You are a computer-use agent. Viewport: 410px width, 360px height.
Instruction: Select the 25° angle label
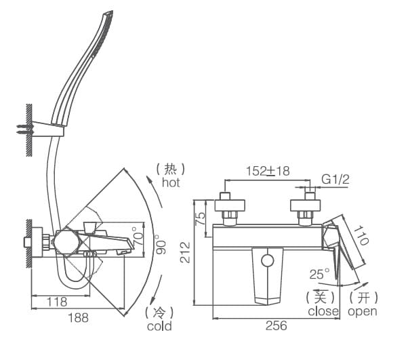pos(319,274)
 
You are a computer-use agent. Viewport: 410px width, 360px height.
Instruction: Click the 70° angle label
pos(138,235)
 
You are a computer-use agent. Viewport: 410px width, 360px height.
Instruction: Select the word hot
pos(171,183)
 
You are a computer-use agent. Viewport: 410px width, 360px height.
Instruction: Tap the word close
pos(323,311)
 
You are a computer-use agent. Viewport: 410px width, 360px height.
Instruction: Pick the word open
pos(363,311)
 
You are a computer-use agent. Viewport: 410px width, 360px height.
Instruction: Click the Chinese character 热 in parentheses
pos(171,169)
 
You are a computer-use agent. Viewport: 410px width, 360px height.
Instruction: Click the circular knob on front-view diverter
pos(268,260)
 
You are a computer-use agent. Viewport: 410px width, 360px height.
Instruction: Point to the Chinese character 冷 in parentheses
pos(159,312)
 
